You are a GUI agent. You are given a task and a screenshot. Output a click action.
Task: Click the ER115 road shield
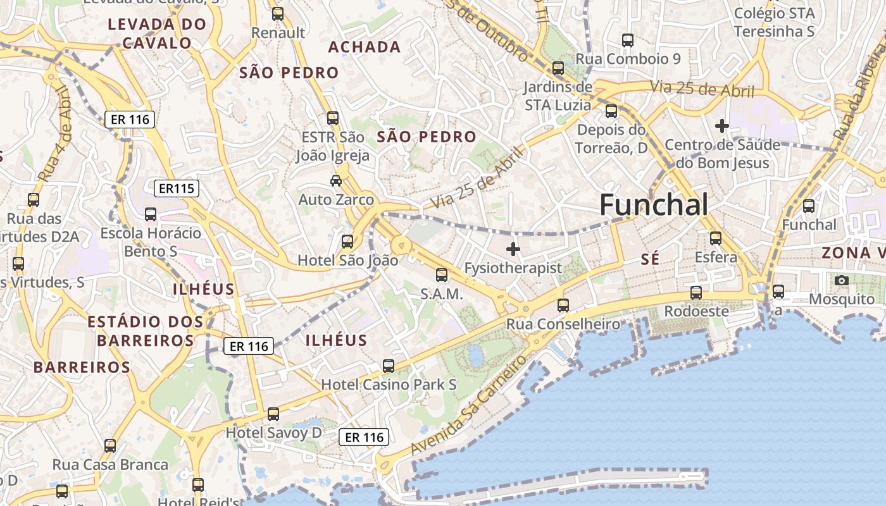click(x=177, y=188)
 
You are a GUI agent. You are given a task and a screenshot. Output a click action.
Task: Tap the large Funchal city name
click(x=653, y=205)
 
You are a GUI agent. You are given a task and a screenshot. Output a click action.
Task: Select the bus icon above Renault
click(x=277, y=13)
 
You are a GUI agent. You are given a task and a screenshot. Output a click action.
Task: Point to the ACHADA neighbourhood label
click(x=365, y=47)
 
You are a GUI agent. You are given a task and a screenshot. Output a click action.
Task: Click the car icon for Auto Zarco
click(x=336, y=180)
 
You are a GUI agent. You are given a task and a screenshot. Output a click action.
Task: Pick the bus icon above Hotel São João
click(x=347, y=241)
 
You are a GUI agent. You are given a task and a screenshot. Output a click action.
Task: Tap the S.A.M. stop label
click(x=442, y=294)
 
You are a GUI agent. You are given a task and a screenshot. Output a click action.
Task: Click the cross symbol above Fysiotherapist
click(x=513, y=249)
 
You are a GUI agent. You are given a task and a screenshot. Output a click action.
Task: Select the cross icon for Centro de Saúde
click(x=721, y=126)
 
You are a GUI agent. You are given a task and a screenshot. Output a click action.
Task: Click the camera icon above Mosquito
click(x=842, y=280)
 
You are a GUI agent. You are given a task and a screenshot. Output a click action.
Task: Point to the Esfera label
click(x=716, y=257)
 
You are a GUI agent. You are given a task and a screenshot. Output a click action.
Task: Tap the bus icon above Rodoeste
click(x=696, y=292)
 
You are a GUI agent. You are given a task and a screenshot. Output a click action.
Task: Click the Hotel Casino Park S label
click(x=389, y=385)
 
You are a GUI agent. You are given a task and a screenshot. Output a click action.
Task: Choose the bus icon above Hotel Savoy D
click(x=273, y=414)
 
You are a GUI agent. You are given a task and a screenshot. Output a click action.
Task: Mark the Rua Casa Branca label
click(x=110, y=465)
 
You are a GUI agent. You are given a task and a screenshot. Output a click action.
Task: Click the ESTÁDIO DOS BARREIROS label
click(x=146, y=331)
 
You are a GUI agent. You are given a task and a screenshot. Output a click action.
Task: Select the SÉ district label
click(x=650, y=259)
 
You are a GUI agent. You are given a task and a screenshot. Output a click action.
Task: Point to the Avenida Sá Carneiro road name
click(x=468, y=405)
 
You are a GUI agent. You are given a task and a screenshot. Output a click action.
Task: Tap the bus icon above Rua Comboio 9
click(x=627, y=40)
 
